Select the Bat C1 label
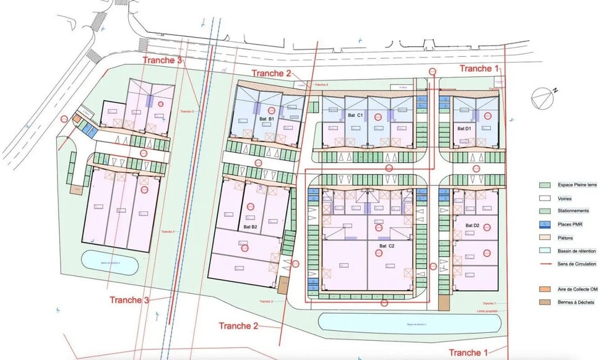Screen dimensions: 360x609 (x=355, y=116)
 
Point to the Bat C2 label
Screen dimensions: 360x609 (x=387, y=246)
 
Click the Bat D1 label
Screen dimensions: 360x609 (x=464, y=128)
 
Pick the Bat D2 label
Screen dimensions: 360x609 (x=472, y=225)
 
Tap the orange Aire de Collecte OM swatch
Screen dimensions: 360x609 (x=545, y=289)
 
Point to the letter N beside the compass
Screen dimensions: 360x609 (x=555, y=90)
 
